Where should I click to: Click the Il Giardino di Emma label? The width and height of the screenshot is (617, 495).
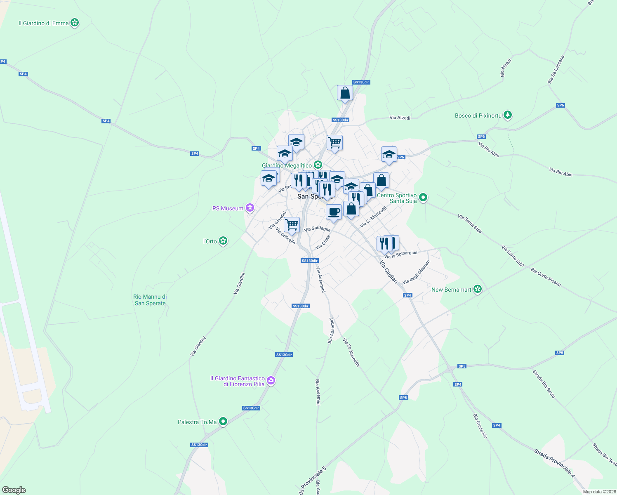click(x=43, y=23)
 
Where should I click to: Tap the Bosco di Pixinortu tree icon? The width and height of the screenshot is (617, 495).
click(x=508, y=115)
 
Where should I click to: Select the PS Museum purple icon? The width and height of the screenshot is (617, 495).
click(x=250, y=208)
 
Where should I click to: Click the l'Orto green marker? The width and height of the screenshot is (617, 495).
click(x=223, y=241)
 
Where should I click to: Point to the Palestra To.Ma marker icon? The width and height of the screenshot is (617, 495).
click(x=223, y=422)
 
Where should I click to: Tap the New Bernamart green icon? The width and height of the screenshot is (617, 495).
click(x=478, y=289)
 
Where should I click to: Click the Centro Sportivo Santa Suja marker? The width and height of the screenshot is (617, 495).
click(x=424, y=198)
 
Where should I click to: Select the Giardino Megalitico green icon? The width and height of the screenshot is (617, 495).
click(x=318, y=165)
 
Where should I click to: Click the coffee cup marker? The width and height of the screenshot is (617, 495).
click(x=334, y=212)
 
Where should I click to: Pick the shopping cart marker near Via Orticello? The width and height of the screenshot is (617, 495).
click(x=292, y=225)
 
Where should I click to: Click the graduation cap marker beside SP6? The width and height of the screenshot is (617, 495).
click(x=389, y=155)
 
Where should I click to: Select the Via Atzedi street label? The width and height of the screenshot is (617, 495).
click(x=400, y=118)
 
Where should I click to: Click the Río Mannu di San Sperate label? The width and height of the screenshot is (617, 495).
click(x=150, y=300)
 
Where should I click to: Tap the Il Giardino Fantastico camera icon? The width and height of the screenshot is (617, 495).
click(x=271, y=380)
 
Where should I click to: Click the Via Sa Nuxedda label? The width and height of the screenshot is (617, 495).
click(x=351, y=352)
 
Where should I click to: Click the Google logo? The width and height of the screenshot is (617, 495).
click(x=14, y=490)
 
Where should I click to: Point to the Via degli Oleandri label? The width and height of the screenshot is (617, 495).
click(x=417, y=272)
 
